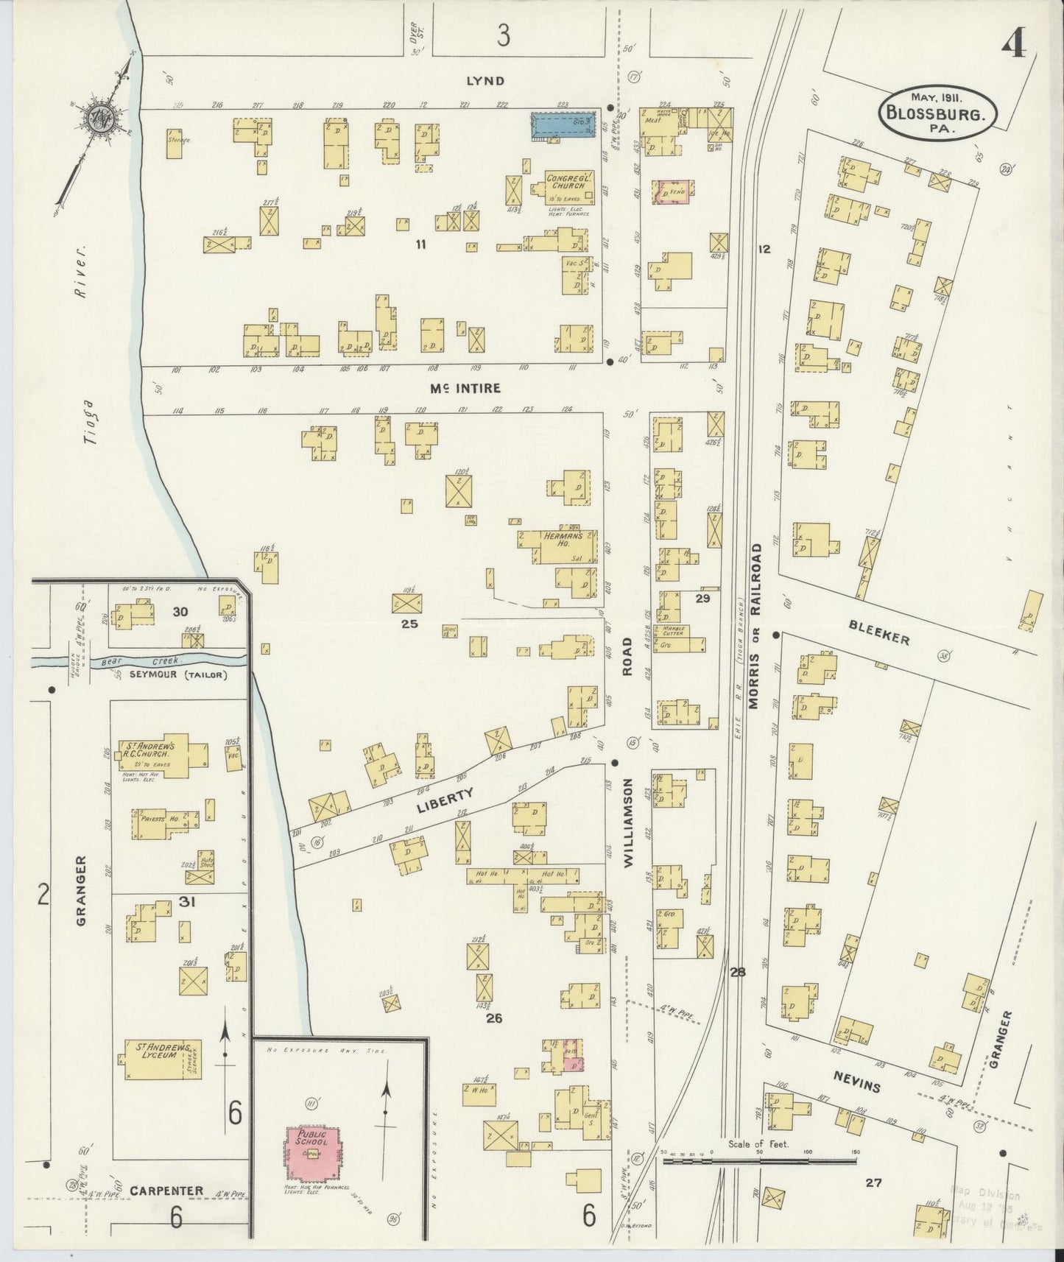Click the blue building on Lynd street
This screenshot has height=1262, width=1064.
[x=563, y=125]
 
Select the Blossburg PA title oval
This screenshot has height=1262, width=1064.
[x=937, y=113]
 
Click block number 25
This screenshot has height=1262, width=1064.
[x=409, y=624]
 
